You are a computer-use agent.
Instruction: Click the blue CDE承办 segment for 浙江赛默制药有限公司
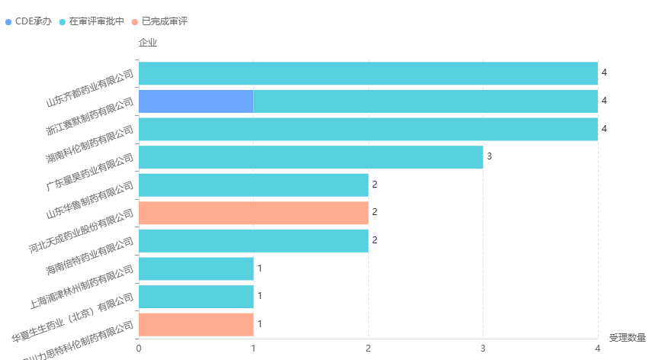tap(196, 101)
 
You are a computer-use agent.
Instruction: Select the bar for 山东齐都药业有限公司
tap(368, 73)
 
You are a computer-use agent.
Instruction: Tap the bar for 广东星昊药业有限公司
tap(310, 157)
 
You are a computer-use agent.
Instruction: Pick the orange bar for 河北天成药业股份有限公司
tap(253, 213)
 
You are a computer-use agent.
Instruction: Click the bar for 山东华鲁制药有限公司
tap(253, 185)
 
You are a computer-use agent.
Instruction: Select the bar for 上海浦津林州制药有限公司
tap(196, 268)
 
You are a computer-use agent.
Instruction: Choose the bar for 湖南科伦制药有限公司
tap(368, 129)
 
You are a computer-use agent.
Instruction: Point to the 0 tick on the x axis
tap(139, 349)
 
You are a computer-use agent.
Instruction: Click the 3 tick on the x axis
tap(483, 349)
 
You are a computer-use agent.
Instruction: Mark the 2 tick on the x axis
tap(368, 349)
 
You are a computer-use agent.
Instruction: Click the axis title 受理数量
tap(628, 337)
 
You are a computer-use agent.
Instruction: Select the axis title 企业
tap(148, 42)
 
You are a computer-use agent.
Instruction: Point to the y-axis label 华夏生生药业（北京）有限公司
tap(73, 313)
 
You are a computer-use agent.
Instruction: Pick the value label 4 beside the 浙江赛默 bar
tap(604, 101)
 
